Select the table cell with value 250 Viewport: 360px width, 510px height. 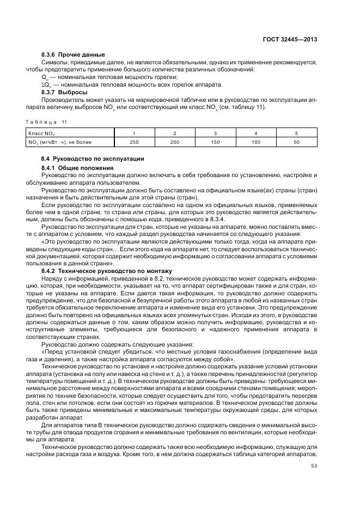[134, 142]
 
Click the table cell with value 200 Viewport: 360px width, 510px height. [174, 142]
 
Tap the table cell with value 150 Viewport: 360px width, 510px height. [215, 142]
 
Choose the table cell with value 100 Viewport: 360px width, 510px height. [255, 142]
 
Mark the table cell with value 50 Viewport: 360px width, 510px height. [296, 142]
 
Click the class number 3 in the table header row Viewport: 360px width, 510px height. [215, 133]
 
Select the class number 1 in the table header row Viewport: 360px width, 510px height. [134, 133]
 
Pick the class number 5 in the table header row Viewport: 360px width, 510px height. [296, 133]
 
